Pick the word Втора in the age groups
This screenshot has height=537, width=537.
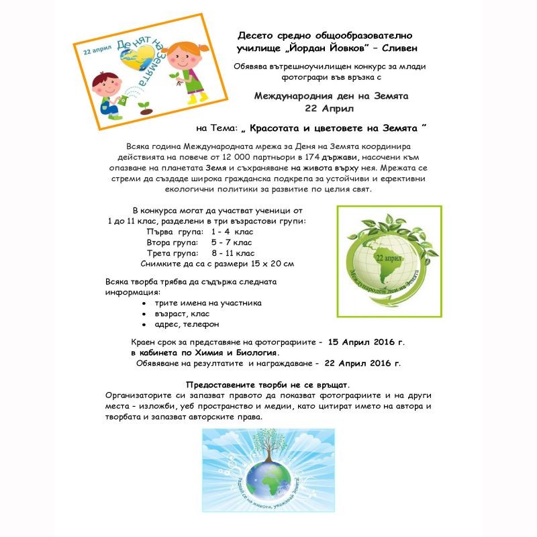(x=160, y=242)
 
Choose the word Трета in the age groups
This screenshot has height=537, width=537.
(x=160, y=253)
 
